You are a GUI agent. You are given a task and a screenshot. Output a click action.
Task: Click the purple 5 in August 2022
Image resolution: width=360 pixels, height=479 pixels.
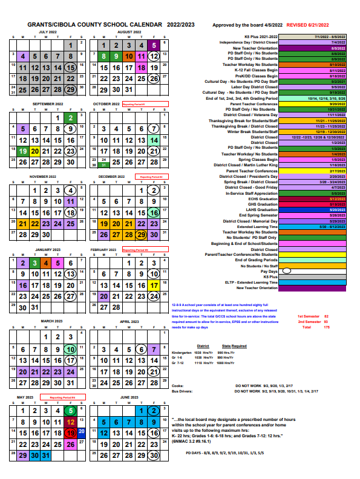click(x=154, y=45)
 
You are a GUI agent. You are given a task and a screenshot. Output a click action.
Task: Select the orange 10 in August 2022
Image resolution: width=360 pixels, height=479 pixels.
click(x=128, y=56)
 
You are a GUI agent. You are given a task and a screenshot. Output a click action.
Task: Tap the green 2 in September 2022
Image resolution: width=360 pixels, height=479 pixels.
click(x=71, y=118)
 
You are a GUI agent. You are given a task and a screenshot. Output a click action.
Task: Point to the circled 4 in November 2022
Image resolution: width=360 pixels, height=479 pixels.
click(x=71, y=191)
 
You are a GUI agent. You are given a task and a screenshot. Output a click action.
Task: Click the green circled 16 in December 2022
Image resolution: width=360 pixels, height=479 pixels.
click(x=154, y=212)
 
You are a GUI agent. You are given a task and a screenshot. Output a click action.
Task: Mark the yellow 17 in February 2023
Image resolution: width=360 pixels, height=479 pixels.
click(x=154, y=285)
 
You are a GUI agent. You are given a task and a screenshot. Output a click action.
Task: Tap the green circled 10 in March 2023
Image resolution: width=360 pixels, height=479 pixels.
click(x=71, y=349)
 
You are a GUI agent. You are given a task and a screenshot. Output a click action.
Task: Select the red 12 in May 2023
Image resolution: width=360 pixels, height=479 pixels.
click(x=71, y=422)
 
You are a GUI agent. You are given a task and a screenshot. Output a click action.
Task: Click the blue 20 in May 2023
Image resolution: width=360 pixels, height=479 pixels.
click(x=80, y=431)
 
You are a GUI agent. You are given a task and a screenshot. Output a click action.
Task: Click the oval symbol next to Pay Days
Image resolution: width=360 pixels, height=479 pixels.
click(x=287, y=272)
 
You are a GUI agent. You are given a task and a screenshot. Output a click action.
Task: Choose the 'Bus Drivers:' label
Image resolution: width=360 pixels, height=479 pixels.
click(x=182, y=393)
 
